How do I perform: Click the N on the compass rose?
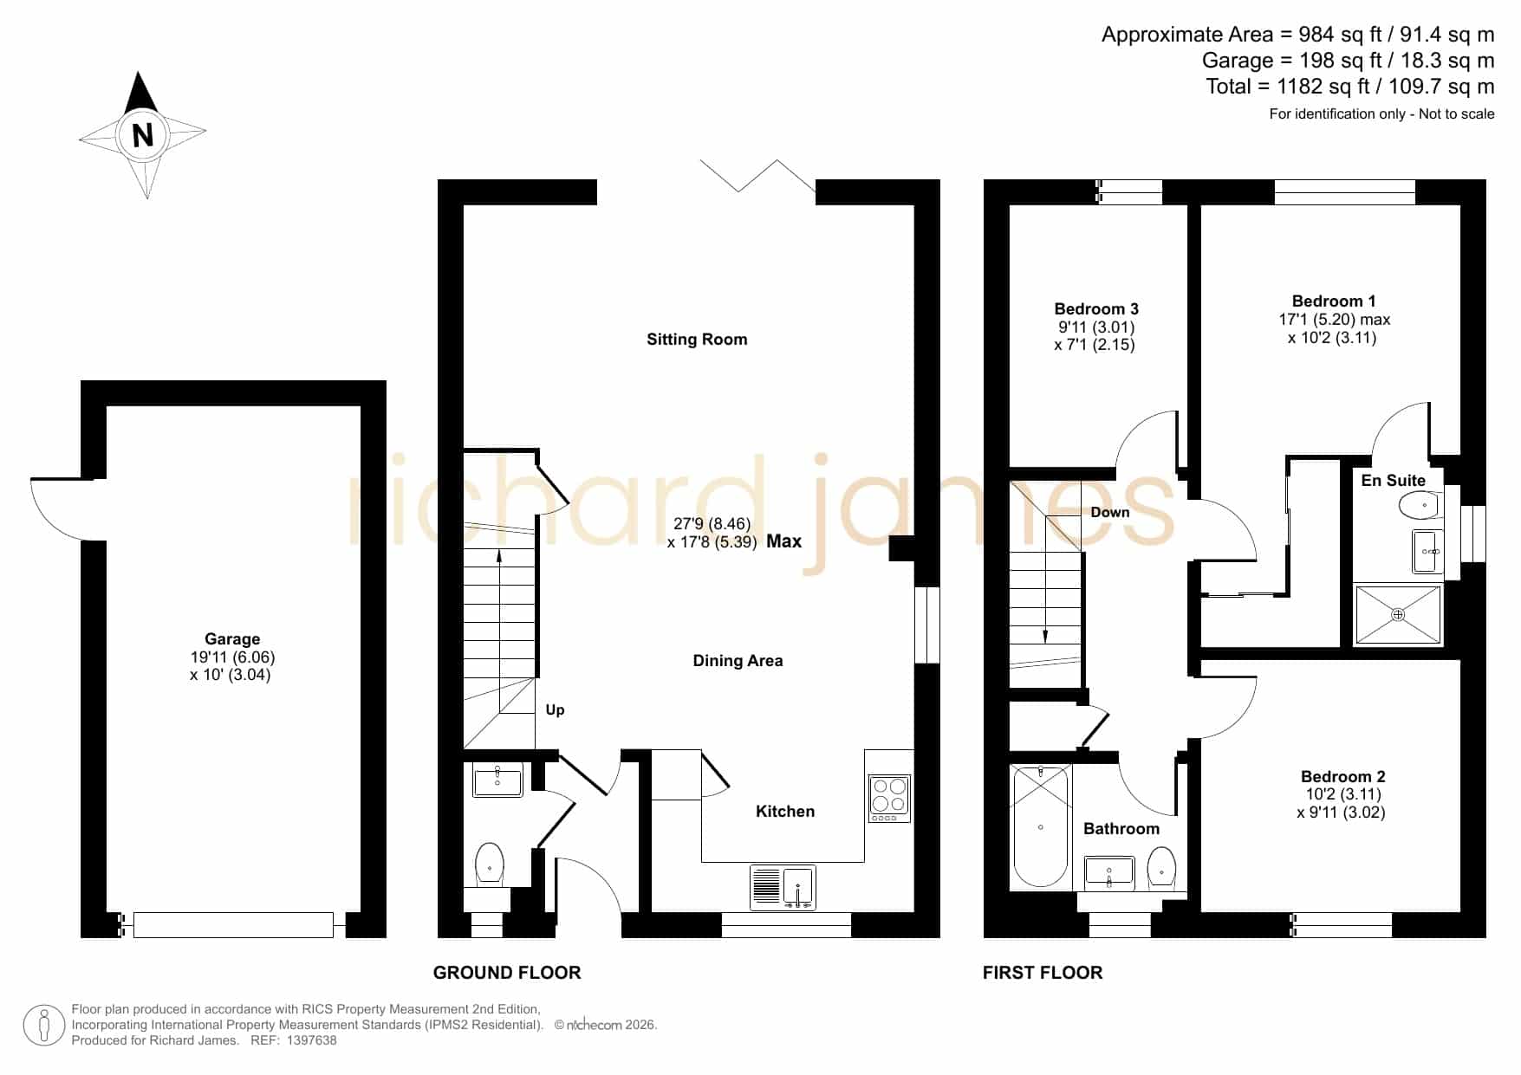point(142,135)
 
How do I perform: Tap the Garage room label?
point(232,639)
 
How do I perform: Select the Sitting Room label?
point(697,340)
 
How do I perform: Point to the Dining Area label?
point(738,661)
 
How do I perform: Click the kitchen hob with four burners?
point(889,798)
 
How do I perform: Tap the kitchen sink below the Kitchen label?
point(783,888)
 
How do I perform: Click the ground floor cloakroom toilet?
point(490,864)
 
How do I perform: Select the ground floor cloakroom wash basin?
point(498,780)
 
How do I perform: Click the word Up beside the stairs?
point(555,710)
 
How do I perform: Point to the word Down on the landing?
point(1110,512)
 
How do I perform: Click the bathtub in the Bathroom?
point(1041,827)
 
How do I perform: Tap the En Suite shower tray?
point(1398,615)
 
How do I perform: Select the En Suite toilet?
point(1420,505)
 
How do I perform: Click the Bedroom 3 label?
point(1096,309)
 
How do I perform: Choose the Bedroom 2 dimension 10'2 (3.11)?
point(1343,794)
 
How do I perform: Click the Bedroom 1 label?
point(1334,301)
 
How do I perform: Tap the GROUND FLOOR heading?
point(507,973)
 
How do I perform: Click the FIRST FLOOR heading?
point(1043,973)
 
